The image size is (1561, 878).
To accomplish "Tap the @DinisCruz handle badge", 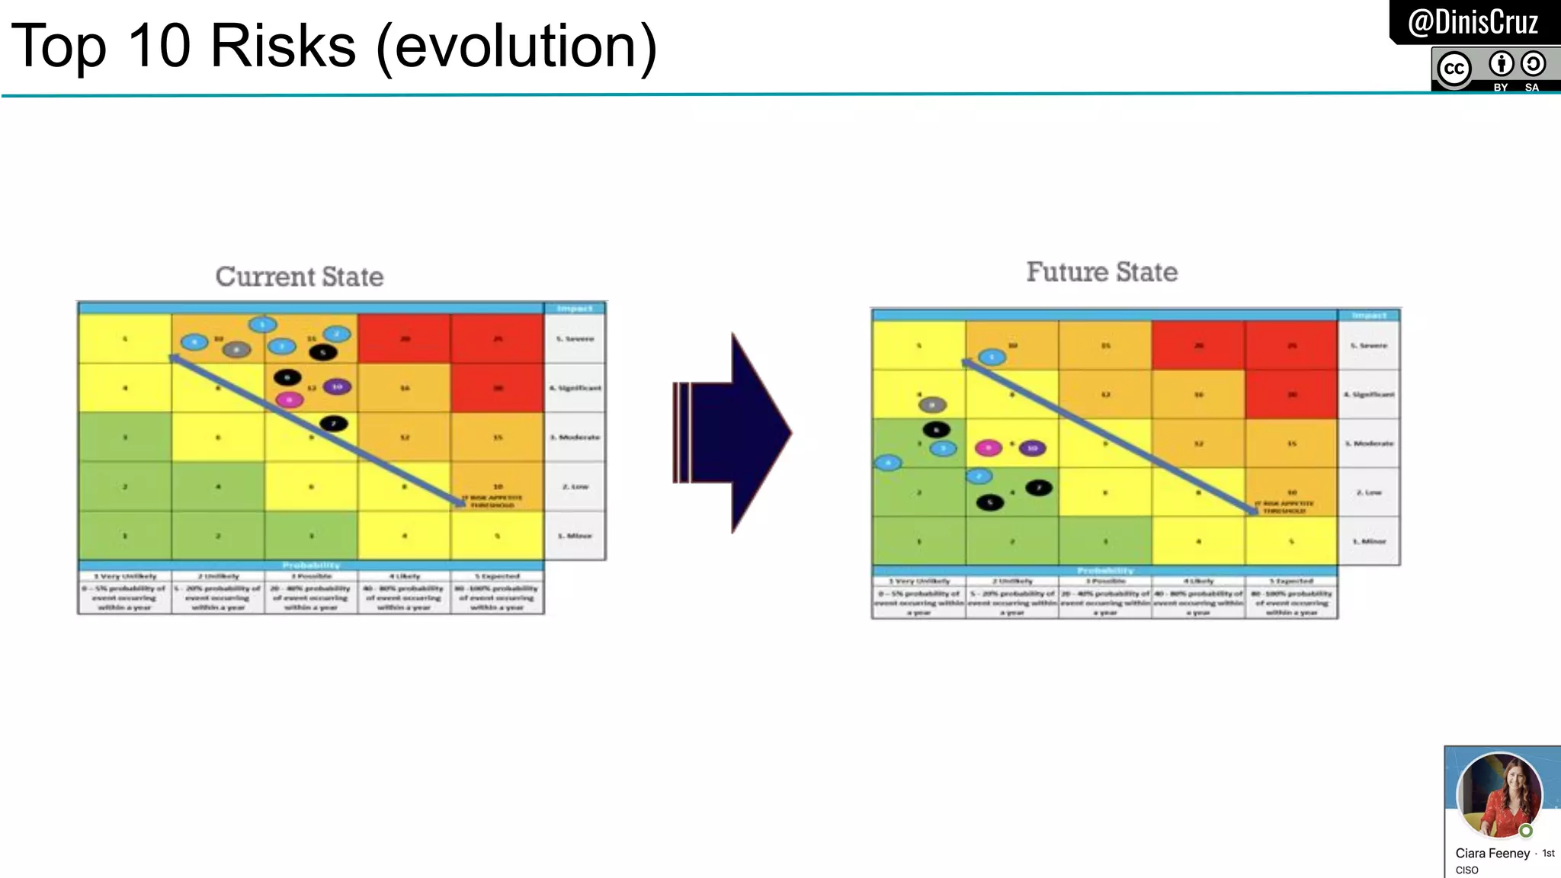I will point(1473,22).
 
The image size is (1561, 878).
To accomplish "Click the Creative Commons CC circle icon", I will point(1454,69).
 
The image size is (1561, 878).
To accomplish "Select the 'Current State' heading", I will point(299,276).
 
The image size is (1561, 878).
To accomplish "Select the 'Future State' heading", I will point(1101,271).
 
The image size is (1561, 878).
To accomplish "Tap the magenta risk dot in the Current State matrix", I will point(289,399).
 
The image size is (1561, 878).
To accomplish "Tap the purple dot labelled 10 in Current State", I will point(337,387).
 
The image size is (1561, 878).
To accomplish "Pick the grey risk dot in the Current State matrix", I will point(236,350).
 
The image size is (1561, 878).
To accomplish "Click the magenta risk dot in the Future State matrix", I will point(988,447).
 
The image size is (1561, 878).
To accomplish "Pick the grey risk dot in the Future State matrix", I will point(932,405).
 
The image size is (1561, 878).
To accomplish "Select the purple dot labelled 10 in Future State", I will point(1032,448).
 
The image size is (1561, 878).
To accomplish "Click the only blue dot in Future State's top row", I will point(992,357).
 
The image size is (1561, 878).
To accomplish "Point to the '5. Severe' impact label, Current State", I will point(575,338).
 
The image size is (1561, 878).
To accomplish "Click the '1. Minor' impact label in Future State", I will point(1369,541).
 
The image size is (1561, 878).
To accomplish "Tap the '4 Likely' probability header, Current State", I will point(404,576).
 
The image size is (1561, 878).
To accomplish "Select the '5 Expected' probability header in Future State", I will point(1291,581).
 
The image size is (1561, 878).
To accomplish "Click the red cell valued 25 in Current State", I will point(497,338).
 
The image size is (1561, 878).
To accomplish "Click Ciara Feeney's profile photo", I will point(1498,795).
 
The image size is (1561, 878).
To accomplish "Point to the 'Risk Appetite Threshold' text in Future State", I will point(1286,507).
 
